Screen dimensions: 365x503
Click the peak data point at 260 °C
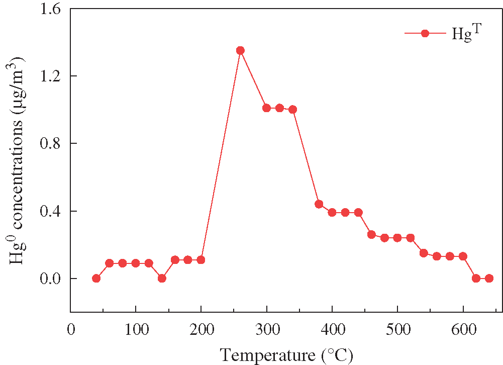(240, 50)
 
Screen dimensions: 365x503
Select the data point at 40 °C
(96, 278)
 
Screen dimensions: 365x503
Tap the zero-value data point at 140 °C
(162, 278)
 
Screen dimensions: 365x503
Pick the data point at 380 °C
(319, 204)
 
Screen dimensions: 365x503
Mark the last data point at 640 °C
(489, 278)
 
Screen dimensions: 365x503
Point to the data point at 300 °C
(266, 108)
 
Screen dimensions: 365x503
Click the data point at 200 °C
(201, 259)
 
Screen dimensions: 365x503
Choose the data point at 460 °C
(371, 234)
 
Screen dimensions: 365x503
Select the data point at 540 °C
(424, 253)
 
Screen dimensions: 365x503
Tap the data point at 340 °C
(292, 109)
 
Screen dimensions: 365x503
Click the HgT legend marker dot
(425, 33)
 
